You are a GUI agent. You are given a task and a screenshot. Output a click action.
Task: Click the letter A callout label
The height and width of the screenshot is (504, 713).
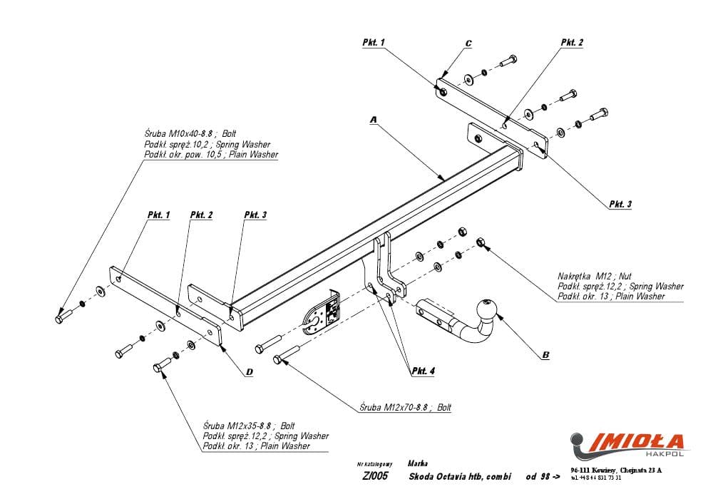[x=373, y=120]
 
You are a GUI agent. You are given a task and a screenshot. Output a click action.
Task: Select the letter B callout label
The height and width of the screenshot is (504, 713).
[x=545, y=354]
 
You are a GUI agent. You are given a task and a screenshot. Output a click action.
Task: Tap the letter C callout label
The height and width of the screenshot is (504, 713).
[x=468, y=43]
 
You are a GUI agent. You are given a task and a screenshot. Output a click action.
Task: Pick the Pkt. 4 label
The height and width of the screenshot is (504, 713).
[x=423, y=371]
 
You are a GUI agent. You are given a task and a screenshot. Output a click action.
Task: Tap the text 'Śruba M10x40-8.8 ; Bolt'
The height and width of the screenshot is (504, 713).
[x=190, y=133]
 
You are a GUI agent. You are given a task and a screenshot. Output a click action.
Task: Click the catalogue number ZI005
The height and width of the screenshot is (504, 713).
[x=375, y=476]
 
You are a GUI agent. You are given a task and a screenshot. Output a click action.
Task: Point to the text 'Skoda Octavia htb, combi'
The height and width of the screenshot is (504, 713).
[x=460, y=476]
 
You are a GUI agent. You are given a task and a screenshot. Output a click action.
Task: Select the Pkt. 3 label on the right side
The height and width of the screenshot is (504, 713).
[x=620, y=204]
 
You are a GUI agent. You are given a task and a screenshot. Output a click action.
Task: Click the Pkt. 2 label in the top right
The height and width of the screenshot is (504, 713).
[x=572, y=43]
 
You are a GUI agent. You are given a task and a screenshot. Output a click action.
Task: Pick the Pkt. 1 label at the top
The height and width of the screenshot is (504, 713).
[x=374, y=43]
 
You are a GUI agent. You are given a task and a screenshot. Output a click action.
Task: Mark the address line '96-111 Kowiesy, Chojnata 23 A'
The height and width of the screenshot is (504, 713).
[x=617, y=470]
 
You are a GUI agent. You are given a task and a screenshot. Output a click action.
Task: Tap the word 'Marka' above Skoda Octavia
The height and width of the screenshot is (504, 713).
[x=419, y=463]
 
